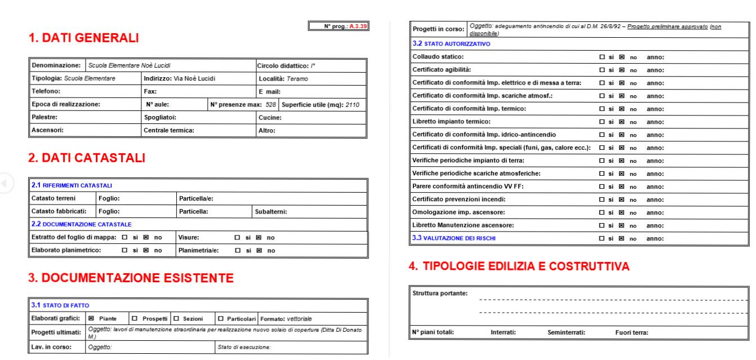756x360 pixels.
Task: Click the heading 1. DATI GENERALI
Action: coord(83,38)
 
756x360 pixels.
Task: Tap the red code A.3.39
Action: coord(358,26)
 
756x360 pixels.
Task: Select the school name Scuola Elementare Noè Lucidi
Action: coord(130,66)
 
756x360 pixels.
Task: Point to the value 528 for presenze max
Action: coord(270,105)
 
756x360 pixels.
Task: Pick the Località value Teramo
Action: coord(297,79)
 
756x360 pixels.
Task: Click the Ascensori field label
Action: coord(47,131)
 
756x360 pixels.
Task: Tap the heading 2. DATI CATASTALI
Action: coord(87,158)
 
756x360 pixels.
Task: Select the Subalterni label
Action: coord(271,212)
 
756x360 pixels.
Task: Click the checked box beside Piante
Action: coord(91,319)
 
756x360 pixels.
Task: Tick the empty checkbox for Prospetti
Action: coord(134,319)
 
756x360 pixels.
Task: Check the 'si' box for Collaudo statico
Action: coord(602,57)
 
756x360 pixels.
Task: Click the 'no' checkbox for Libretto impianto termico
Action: coord(622,122)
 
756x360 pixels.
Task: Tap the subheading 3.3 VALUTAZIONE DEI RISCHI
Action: coord(454,238)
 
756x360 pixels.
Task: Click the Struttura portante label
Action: coord(439,293)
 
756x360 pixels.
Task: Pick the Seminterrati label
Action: coord(566,332)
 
